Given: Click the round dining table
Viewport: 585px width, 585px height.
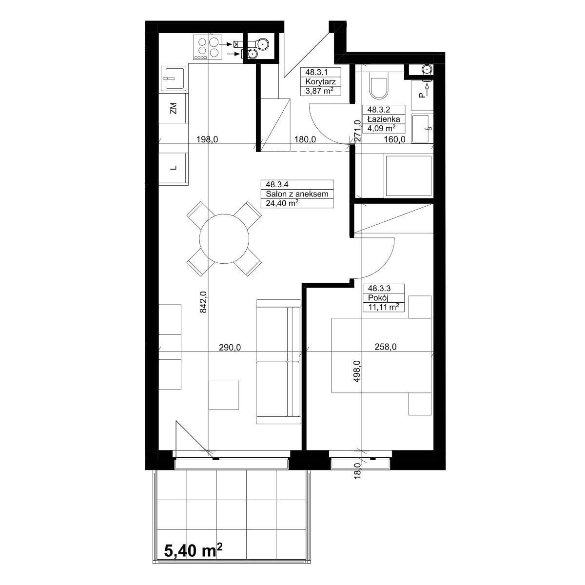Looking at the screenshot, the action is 224,238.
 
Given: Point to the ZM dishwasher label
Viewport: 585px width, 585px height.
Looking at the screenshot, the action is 174,108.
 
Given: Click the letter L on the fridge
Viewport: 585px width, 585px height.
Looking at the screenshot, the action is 174,168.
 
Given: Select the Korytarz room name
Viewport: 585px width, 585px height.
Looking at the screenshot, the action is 320,82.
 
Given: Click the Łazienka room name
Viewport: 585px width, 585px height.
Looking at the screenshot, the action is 384,119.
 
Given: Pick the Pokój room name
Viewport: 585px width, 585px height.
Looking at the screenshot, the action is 378,297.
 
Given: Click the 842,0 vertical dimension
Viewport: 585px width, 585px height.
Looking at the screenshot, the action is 203,302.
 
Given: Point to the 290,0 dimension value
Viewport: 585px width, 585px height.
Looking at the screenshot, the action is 230,347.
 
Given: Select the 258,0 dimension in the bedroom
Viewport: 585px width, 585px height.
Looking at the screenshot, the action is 385,347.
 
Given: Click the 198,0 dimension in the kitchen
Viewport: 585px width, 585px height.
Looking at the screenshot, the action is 207,139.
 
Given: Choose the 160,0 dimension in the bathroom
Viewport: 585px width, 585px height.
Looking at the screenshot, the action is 394,139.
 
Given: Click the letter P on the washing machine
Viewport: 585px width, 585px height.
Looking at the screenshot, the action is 421,96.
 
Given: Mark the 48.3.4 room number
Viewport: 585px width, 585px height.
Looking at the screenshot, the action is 277,184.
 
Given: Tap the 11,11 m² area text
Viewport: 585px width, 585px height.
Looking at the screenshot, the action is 384,307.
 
